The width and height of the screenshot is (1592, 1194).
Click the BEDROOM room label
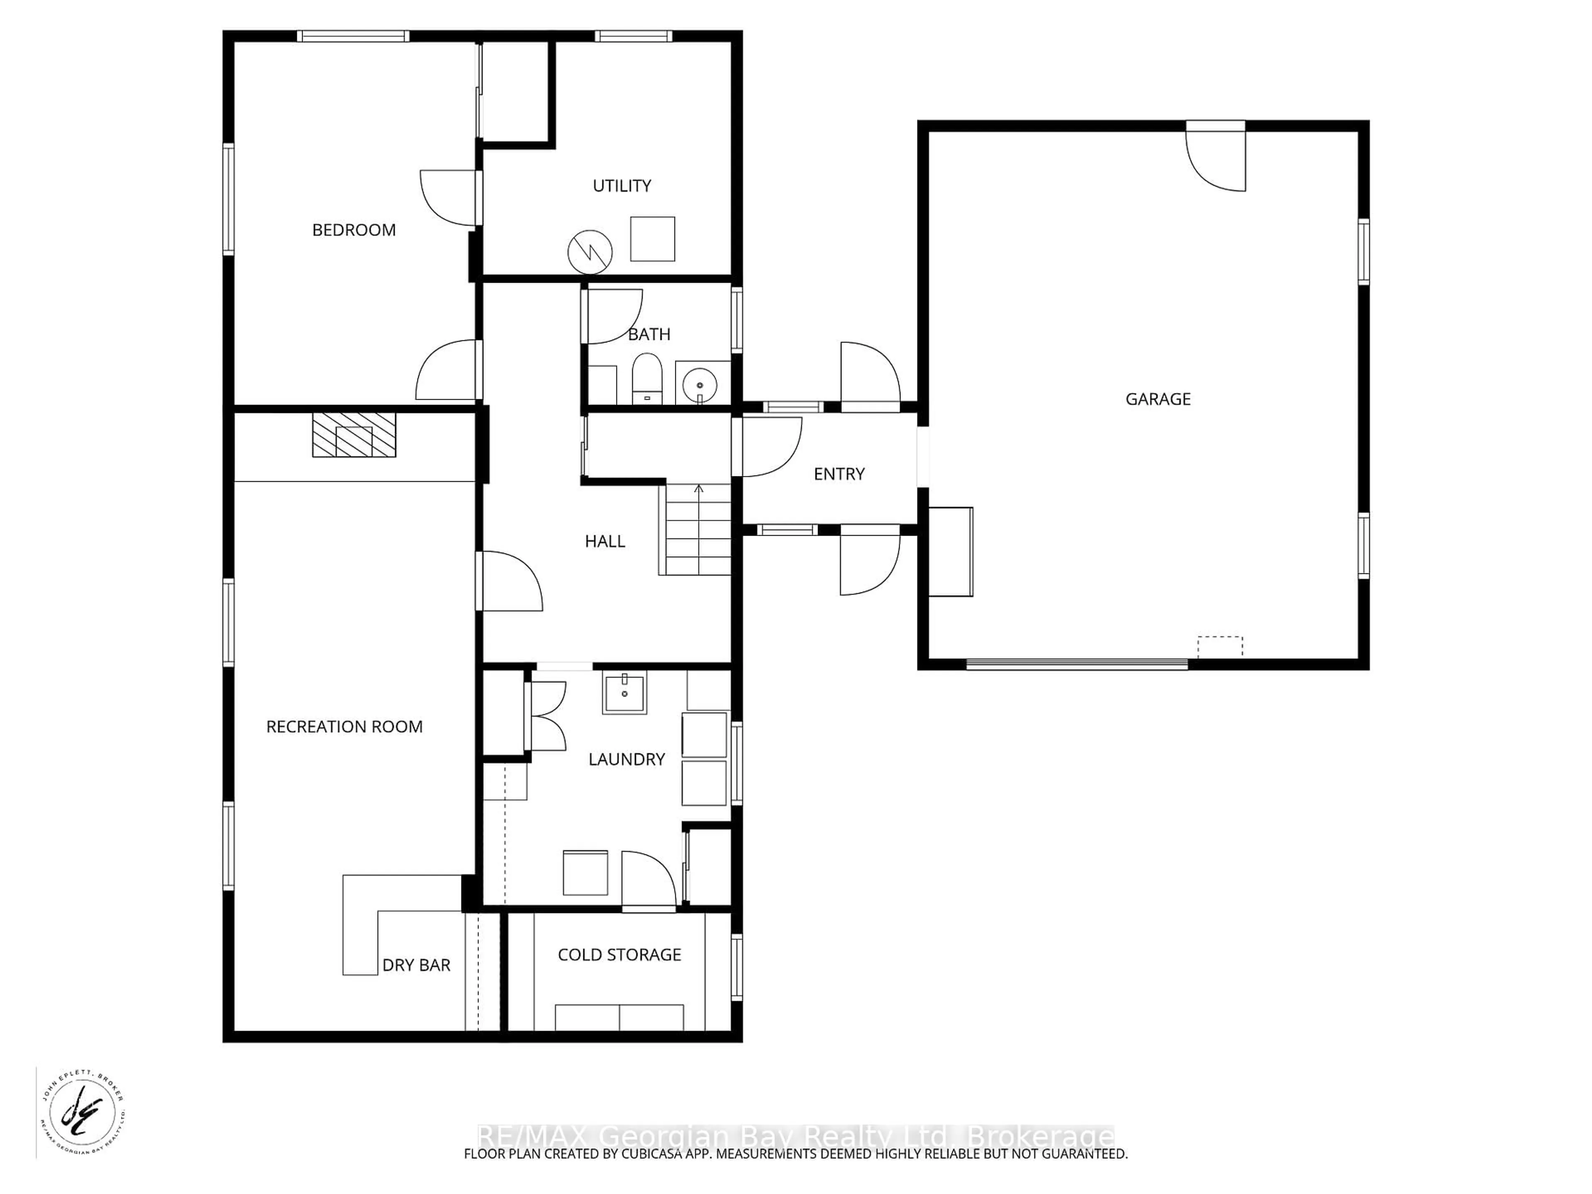(353, 231)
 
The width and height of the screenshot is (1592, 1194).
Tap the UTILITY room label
(622, 186)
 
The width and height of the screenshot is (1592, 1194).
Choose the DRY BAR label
(416, 965)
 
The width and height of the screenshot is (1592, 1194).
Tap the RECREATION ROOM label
(344, 727)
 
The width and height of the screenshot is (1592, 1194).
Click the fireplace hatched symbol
(353, 435)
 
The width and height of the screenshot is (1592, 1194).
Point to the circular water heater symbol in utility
(590, 252)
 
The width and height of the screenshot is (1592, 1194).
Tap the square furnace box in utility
(652, 239)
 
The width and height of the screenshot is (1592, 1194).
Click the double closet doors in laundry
(547, 716)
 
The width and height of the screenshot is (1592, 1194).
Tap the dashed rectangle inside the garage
(1220, 646)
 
